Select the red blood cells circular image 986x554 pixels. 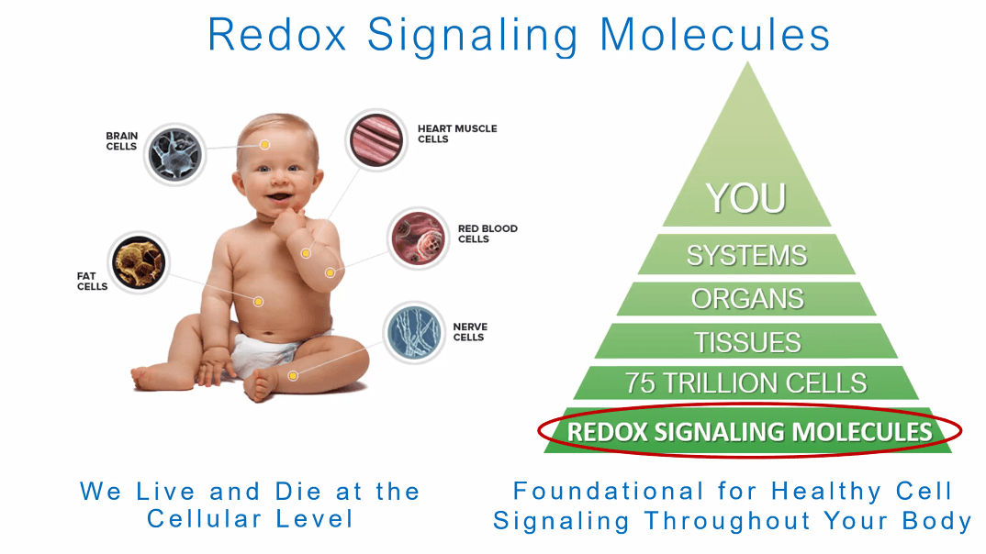418,238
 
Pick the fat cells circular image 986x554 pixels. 139,263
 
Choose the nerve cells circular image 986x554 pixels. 413,333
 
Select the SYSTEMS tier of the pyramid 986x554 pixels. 746,255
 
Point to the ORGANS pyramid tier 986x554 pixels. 746,299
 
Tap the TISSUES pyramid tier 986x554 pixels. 746,342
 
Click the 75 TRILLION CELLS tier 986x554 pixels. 746,383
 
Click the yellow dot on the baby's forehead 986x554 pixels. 264,145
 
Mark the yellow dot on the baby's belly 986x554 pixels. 259,301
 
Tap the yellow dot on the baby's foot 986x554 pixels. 293,376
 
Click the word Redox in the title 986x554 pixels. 279,35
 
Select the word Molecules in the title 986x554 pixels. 714,35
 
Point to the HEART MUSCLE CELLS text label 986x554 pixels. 457,134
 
